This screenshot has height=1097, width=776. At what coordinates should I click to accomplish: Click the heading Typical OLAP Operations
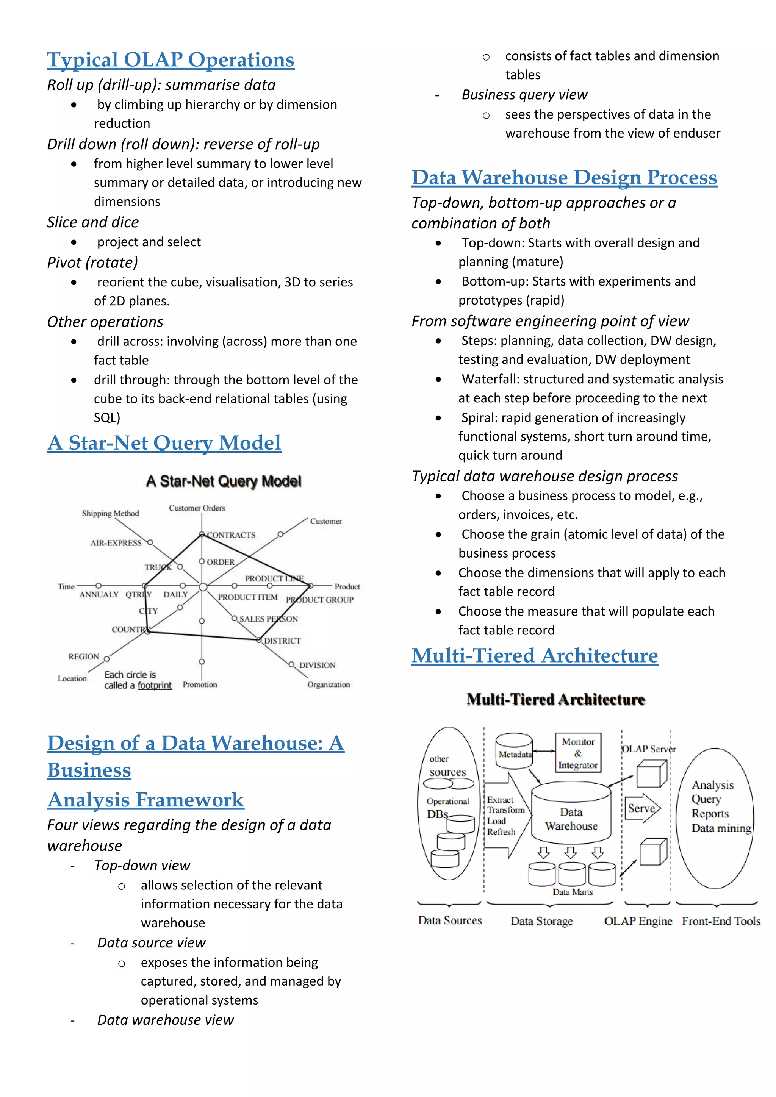pyautogui.click(x=171, y=60)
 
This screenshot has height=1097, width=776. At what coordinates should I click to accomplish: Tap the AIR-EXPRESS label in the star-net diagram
pyautogui.click(x=116, y=543)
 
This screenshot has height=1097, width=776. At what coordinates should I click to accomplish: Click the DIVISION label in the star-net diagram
pyautogui.click(x=317, y=665)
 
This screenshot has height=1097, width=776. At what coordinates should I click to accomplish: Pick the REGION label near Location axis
pyautogui.click(x=84, y=656)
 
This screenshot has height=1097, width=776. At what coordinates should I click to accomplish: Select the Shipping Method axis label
pyautogui.click(x=110, y=513)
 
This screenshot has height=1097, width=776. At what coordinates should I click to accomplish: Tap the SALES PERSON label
pyautogui.click(x=269, y=619)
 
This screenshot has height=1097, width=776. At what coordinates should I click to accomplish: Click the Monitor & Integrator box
pyautogui.click(x=578, y=753)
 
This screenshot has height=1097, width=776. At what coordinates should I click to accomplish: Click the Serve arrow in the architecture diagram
pyautogui.click(x=642, y=808)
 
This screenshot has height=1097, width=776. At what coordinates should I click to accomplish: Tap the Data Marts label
pyautogui.click(x=573, y=892)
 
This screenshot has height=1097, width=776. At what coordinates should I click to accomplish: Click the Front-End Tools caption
pyautogui.click(x=721, y=921)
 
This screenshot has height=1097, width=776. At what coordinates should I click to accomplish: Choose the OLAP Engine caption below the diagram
pyautogui.click(x=638, y=921)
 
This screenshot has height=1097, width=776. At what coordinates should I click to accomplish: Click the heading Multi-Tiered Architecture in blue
pyautogui.click(x=535, y=656)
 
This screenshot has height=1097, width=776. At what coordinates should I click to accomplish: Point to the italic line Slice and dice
pyautogui.click(x=93, y=222)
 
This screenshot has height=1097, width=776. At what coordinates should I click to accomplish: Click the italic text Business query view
pyautogui.click(x=524, y=95)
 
